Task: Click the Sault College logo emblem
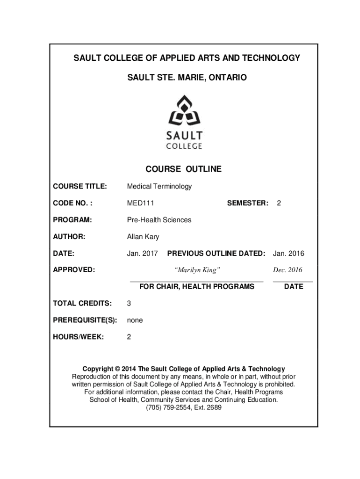coord(186,110)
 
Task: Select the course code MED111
coord(141,203)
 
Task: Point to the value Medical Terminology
coord(159,186)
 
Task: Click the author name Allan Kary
coord(143,237)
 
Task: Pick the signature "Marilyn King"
coord(197,270)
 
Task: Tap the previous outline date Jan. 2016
coord(288,254)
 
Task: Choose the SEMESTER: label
coord(247,203)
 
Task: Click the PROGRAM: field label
coord(72,220)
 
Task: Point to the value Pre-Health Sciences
coord(159,220)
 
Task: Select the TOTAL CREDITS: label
coord(82,303)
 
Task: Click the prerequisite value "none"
coord(135,320)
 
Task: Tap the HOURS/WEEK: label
coord(78,337)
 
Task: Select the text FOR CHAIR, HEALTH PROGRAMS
coord(197,286)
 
